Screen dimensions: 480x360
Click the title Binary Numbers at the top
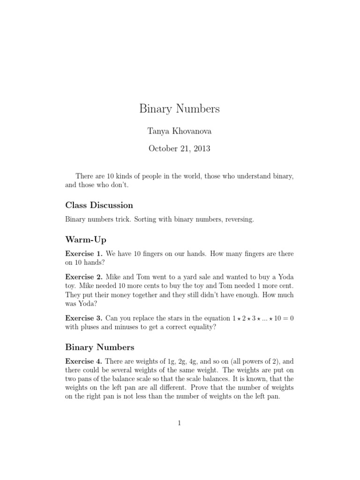pyautogui.click(x=180, y=109)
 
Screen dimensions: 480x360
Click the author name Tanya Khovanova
pyautogui.click(x=180, y=132)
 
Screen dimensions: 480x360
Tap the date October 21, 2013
pyautogui.click(x=180, y=149)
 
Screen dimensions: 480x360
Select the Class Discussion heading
pyautogui.click(x=99, y=205)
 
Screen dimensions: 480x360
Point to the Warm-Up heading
pyautogui.click(x=86, y=240)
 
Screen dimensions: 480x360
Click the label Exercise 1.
pyautogui.click(x=83, y=254)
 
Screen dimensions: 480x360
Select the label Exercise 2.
pyautogui.click(x=83, y=277)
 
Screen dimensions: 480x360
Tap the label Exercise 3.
pyautogui.click(x=83, y=318)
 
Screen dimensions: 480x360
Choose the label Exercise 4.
pyautogui.click(x=83, y=361)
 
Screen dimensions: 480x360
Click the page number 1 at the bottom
pyautogui.click(x=180, y=423)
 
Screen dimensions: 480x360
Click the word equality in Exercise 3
pyautogui.click(x=204, y=327)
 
